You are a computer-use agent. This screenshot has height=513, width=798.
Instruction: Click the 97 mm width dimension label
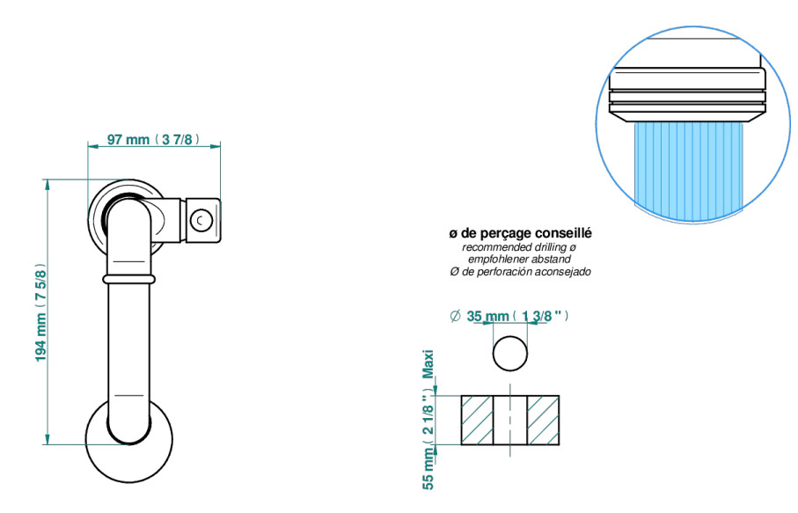tap(153, 139)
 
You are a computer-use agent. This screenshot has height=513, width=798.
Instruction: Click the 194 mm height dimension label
tap(40, 313)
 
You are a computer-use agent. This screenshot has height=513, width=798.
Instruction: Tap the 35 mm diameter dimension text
tap(517, 316)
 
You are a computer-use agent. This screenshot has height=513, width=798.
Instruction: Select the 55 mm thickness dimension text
tap(428, 440)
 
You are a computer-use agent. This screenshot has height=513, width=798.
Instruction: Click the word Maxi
tap(428, 364)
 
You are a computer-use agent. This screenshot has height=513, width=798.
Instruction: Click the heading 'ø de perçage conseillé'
tap(520, 233)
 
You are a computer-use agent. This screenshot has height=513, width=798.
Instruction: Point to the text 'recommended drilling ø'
tap(519, 247)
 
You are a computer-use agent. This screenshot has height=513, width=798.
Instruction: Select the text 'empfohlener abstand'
tap(519, 260)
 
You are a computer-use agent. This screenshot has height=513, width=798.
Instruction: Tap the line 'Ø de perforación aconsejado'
tap(520, 272)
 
